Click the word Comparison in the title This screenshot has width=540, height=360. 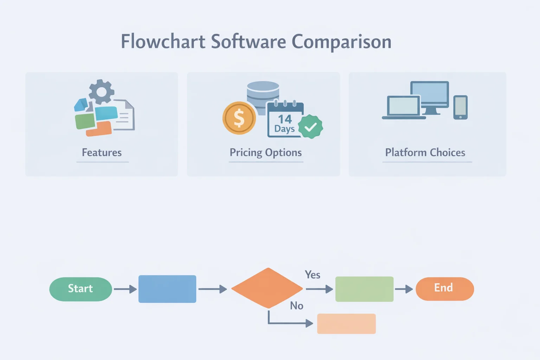341,42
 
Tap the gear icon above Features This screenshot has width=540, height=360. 101,91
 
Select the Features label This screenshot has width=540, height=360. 102,153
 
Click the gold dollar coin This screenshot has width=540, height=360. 239,118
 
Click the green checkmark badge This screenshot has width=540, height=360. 310,127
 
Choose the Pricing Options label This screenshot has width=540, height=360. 265,153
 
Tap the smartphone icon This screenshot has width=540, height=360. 460,107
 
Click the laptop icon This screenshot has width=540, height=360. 404,108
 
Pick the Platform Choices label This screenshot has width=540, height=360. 425,153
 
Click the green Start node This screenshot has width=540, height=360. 81,289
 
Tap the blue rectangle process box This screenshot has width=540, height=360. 167,289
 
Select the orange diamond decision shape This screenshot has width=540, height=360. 267,288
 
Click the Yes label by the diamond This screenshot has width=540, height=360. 312,275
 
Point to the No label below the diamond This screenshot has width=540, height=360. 296,306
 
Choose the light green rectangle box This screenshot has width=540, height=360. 364,289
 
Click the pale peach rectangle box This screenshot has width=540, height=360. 346,324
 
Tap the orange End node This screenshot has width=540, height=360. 444,289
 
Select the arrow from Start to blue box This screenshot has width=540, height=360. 125,289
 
